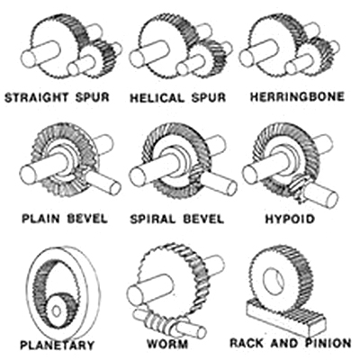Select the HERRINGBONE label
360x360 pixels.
click(297, 97)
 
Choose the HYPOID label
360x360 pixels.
click(290, 219)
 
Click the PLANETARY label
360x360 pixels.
click(57, 345)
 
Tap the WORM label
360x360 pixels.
click(167, 344)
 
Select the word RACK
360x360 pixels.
click(248, 343)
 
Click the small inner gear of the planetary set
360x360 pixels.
click(60, 310)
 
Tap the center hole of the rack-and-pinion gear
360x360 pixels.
click(273, 279)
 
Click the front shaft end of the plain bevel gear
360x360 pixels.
click(30, 175)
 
